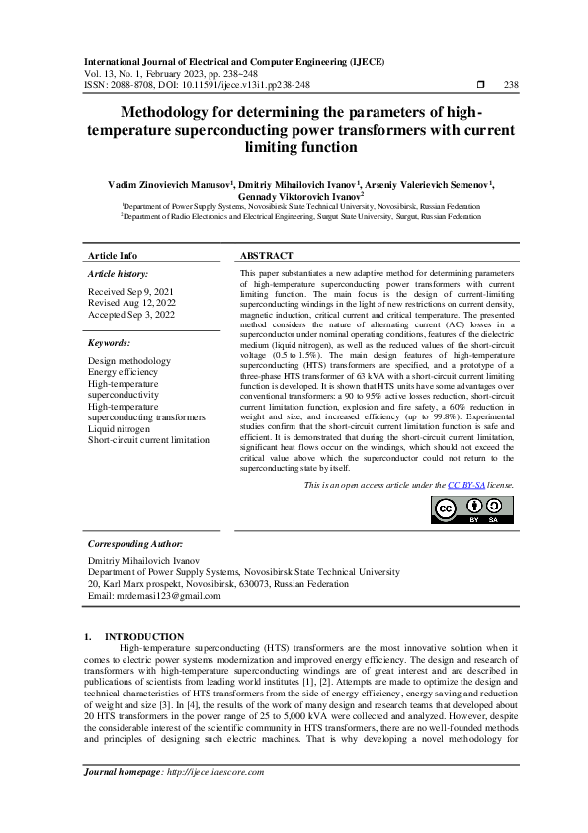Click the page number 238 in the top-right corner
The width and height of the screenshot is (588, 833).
(511, 85)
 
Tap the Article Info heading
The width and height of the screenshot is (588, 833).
(113, 255)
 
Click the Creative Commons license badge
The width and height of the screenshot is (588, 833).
(460, 507)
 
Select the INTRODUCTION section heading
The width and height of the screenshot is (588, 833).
(144, 636)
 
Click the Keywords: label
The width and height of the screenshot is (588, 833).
(110, 342)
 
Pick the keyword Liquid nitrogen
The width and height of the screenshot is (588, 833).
(120, 429)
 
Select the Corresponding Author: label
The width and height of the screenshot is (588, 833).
(135, 544)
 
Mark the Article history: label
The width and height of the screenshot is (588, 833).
(119, 272)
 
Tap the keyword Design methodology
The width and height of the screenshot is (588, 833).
(129, 361)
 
